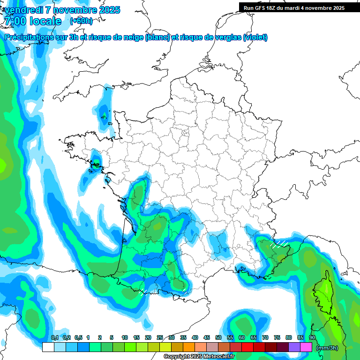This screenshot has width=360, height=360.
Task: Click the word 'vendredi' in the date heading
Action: (23, 10)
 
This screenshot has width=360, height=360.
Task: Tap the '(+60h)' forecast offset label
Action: (81, 21)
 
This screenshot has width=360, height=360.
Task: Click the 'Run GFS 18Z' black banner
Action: (293, 7)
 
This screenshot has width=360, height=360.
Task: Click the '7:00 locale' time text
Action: (33, 21)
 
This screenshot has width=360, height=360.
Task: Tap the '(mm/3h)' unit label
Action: (327, 347)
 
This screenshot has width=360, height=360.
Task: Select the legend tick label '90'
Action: (312, 337)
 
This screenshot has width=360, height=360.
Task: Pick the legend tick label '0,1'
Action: (54, 337)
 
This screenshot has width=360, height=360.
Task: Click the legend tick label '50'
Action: (218, 337)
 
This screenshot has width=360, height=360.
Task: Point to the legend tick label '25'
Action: (160, 337)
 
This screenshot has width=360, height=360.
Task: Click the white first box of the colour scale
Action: (48, 347)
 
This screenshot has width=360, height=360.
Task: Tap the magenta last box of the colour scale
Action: (306, 347)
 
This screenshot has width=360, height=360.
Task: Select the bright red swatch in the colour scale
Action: (247, 347)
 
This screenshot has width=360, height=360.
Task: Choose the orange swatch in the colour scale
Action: (188, 347)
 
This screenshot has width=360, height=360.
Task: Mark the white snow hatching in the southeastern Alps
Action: (278, 244)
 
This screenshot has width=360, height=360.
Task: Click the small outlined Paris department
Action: (184, 133)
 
